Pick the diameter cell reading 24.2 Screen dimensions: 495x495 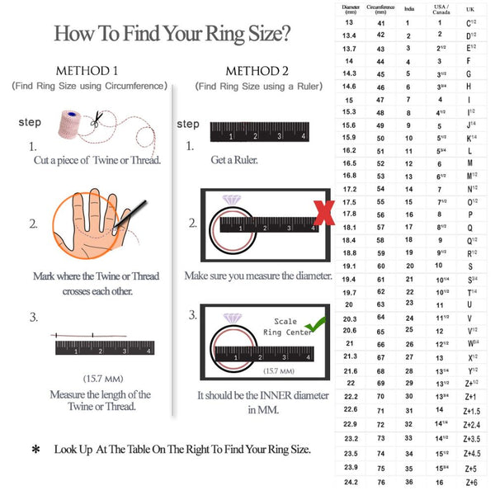tap(351, 482)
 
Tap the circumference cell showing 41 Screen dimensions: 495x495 tap(380, 23)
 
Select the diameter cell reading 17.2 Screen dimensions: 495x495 tap(351, 189)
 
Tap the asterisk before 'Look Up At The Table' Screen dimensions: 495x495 tap(35, 450)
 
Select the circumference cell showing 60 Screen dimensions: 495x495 tap(380, 266)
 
